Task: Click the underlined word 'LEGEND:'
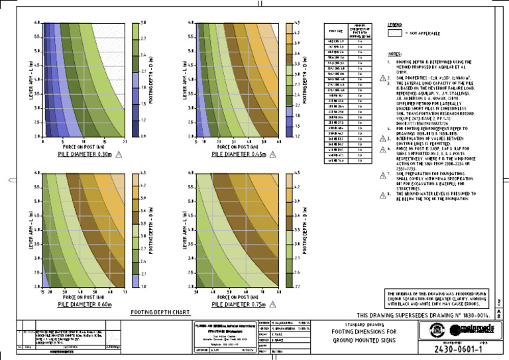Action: pos(395,25)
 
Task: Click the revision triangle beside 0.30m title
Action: pos(119,136)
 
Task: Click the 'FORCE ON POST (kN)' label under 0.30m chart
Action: pos(79,129)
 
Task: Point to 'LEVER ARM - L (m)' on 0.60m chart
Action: pos(29,229)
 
